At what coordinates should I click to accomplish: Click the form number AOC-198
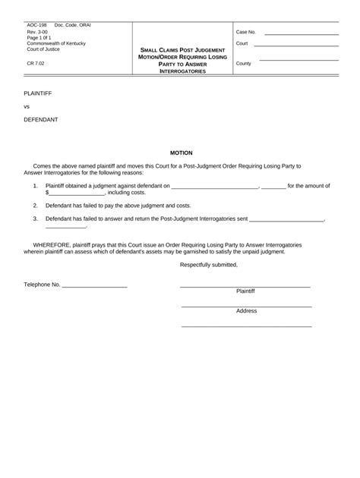(x=36, y=25)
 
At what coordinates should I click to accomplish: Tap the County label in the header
(x=244, y=64)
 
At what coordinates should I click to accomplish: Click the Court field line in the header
(x=297, y=46)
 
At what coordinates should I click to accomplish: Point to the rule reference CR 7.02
(x=35, y=64)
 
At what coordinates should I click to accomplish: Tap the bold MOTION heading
(x=181, y=153)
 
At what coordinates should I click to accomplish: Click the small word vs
(x=27, y=106)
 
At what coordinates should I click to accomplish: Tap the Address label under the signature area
(x=246, y=311)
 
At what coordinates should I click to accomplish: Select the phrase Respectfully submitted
(x=209, y=264)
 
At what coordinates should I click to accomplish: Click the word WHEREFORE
(x=51, y=244)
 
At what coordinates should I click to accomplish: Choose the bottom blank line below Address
(x=246, y=325)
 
